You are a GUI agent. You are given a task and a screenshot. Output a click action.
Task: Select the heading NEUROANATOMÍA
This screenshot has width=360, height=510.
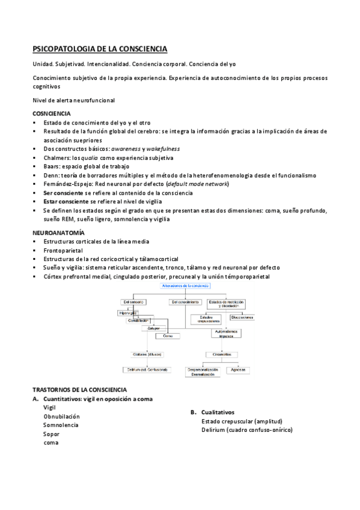pos(58,232)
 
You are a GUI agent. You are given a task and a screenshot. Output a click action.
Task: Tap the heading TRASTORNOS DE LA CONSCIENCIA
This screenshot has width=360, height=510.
pos(79,390)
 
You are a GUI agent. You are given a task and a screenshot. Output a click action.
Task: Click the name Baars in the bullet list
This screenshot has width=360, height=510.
pos(52,166)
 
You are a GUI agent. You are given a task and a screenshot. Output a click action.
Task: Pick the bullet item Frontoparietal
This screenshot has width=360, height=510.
pos(63,250)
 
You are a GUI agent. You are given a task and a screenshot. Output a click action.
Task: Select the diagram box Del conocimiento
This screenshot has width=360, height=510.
pos(185,301)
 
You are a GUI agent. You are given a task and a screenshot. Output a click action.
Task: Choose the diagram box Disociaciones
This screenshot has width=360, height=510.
pos(242,317)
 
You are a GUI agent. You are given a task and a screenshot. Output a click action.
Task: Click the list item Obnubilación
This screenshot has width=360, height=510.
pos(61,416)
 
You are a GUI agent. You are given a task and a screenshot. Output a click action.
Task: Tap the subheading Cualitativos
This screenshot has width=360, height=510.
pos(218,413)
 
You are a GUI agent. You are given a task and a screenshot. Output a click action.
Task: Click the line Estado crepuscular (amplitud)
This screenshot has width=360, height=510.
pos(242,421)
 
